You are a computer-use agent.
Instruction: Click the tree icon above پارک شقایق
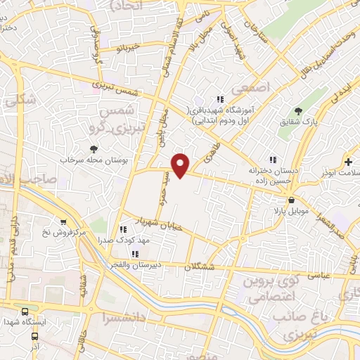coord(300,110)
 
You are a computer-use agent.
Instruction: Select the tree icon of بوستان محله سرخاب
coord(94,148)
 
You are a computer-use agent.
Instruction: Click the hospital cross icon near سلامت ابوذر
coord(349,162)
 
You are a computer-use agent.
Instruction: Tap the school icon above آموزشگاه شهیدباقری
coord(220,100)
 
